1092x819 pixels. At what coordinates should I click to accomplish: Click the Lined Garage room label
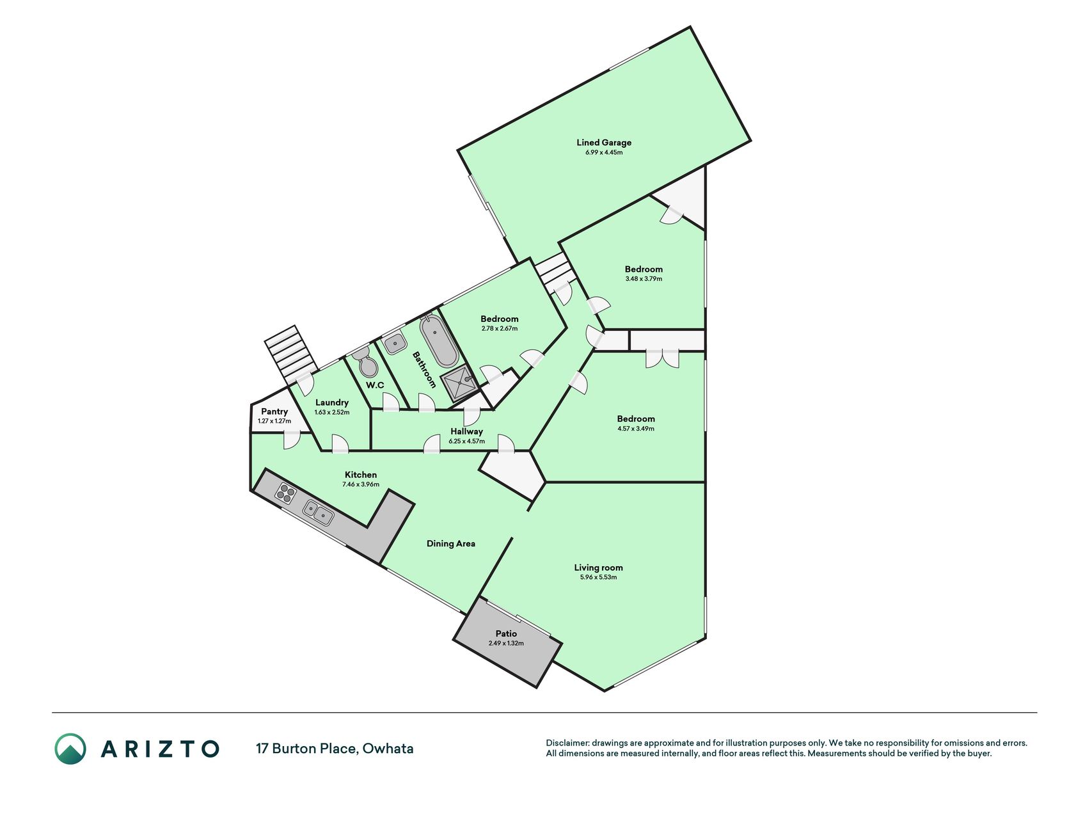pos(603,143)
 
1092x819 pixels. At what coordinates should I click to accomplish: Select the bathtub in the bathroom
pos(439,340)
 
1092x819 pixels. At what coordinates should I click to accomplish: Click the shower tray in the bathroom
pos(459,383)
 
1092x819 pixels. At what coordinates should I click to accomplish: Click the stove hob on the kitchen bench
pos(286,493)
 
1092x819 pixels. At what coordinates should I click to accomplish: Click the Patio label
pos(506,633)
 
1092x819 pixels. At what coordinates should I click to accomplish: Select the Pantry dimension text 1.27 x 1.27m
pos(274,421)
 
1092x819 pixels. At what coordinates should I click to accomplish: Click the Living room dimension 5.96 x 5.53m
pos(598,577)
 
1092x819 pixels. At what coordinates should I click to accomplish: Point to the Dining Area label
pos(451,543)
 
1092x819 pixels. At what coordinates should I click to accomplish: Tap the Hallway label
pos(466,431)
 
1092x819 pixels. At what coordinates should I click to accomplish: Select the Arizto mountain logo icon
pos(70,749)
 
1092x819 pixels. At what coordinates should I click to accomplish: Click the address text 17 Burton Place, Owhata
pos(335,749)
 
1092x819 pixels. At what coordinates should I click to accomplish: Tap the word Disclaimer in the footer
pos(566,743)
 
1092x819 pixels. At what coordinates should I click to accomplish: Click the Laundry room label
pos(332,402)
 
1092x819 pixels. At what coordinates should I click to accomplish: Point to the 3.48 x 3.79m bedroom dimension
pos(644,279)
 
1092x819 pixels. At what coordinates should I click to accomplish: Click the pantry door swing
pos(292,440)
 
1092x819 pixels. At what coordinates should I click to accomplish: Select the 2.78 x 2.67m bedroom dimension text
pos(500,329)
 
